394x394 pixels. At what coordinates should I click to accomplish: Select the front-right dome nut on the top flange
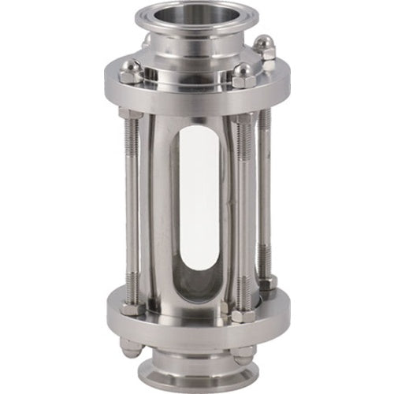pyautogui.click(x=242, y=76)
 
